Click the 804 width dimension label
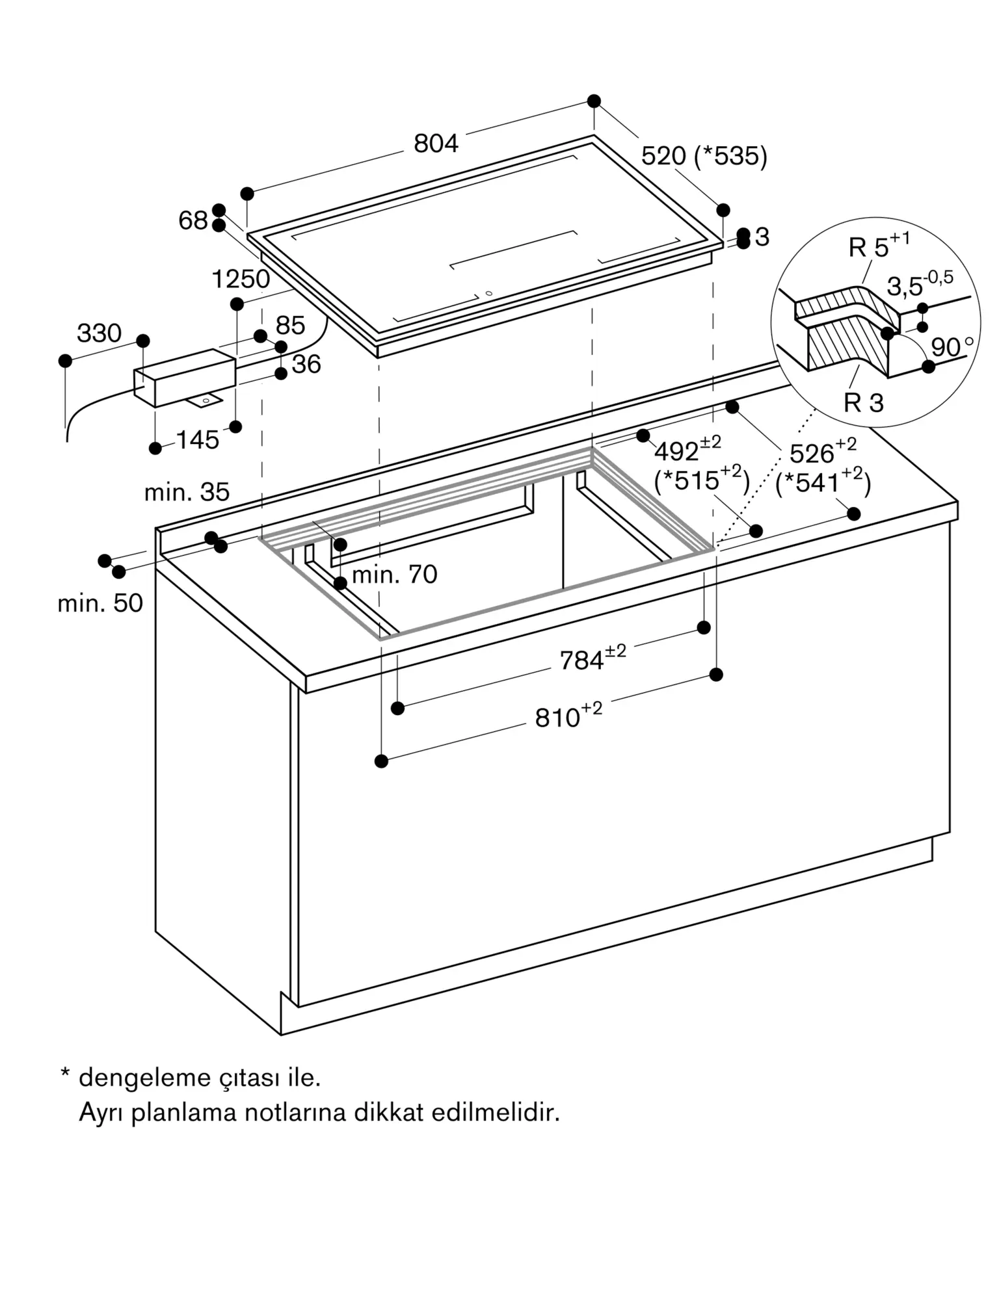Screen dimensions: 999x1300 (436, 144)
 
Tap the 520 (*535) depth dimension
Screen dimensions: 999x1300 (704, 156)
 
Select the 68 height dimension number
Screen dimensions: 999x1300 (193, 221)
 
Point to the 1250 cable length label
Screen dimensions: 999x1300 (241, 279)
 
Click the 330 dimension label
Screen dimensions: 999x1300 (100, 333)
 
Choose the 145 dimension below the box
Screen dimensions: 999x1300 (198, 441)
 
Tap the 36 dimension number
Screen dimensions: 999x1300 (306, 365)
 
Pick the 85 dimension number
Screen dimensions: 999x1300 (290, 326)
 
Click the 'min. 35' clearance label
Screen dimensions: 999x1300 (187, 492)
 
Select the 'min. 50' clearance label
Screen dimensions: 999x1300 (100, 603)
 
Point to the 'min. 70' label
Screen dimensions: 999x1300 (395, 575)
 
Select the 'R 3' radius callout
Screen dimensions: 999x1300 (864, 403)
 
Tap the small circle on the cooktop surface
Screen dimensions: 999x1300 (488, 293)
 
